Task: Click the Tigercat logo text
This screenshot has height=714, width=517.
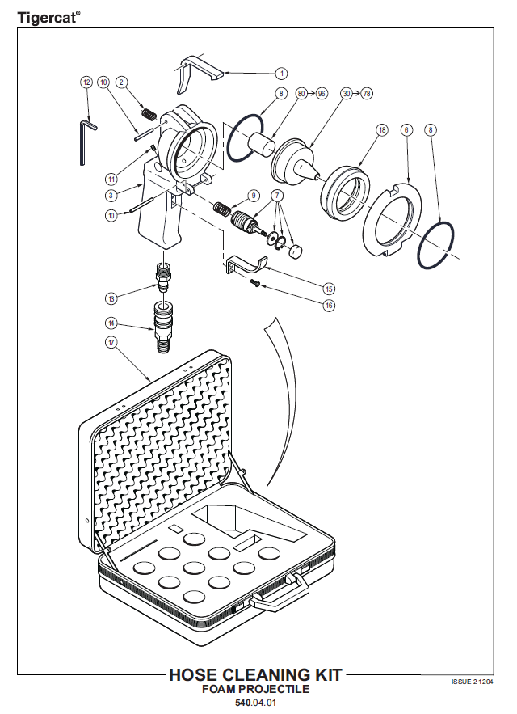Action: click(49, 18)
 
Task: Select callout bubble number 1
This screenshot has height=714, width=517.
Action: click(281, 74)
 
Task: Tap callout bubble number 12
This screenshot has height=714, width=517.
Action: click(86, 82)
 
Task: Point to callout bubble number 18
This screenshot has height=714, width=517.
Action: click(382, 130)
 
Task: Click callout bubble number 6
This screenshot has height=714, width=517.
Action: click(406, 130)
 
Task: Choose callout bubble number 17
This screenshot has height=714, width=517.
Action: click(111, 342)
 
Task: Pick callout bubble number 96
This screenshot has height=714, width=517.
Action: click(322, 93)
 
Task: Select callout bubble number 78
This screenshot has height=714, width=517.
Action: click(367, 93)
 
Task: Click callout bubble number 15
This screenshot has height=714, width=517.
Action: click(329, 289)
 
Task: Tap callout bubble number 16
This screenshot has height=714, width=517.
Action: click(329, 305)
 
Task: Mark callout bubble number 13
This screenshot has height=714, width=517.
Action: click(111, 298)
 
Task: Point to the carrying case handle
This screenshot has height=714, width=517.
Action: click(279, 592)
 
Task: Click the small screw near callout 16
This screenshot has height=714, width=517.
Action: click(255, 284)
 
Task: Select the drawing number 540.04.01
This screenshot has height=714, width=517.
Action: click(255, 703)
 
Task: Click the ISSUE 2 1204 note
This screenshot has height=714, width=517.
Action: click(472, 682)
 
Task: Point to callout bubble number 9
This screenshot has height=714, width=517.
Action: click(254, 196)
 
